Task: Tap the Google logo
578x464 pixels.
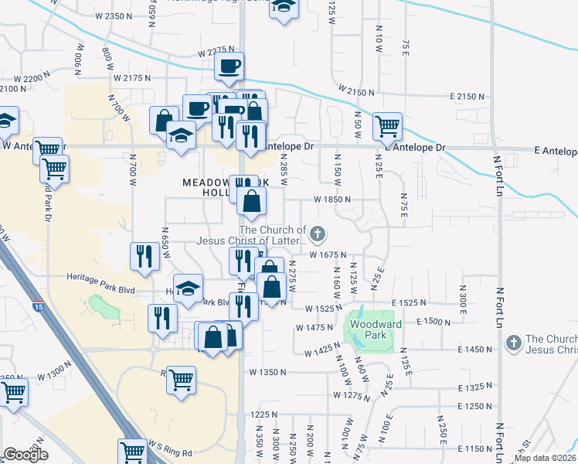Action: tap(25, 455)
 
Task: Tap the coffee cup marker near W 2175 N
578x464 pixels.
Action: tap(228, 67)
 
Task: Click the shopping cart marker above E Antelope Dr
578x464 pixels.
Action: tap(387, 126)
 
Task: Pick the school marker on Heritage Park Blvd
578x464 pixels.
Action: tap(188, 291)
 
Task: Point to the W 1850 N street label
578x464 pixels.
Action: tap(333, 199)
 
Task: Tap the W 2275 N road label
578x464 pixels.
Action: tap(216, 53)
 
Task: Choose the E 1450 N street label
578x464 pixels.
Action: tap(474, 350)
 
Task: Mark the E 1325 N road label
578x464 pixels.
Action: tap(474, 387)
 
